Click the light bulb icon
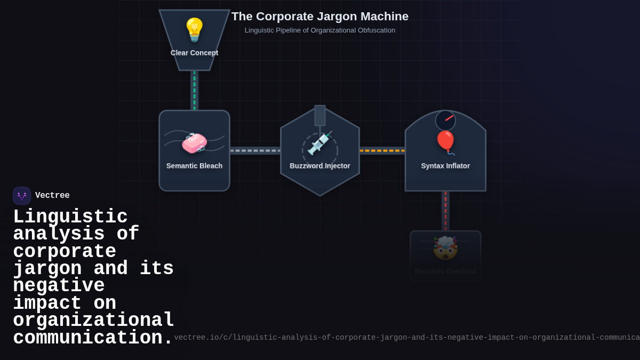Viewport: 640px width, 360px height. [194, 29]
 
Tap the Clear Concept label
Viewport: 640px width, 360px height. [194, 53]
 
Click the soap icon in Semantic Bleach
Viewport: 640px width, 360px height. [194, 143]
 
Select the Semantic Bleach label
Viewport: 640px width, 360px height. [194, 166]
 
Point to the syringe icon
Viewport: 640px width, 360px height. [320, 143]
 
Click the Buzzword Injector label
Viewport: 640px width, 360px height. [320, 166]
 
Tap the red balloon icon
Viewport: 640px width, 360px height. [445, 142]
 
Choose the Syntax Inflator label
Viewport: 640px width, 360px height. [445, 166]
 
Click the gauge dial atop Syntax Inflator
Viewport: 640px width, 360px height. [445, 121]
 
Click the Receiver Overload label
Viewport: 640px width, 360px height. [445, 271]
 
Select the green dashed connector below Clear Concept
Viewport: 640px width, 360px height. [194, 90]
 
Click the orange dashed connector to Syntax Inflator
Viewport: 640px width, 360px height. [382, 150]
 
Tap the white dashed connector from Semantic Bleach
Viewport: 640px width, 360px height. [255, 150]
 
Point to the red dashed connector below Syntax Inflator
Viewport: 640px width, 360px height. [445, 211]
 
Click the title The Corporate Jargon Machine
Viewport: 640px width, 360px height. [320, 17]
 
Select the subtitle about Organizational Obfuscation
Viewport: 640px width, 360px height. [320, 30]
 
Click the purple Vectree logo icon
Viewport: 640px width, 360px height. [22, 196]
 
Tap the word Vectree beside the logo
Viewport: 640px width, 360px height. [52, 196]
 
